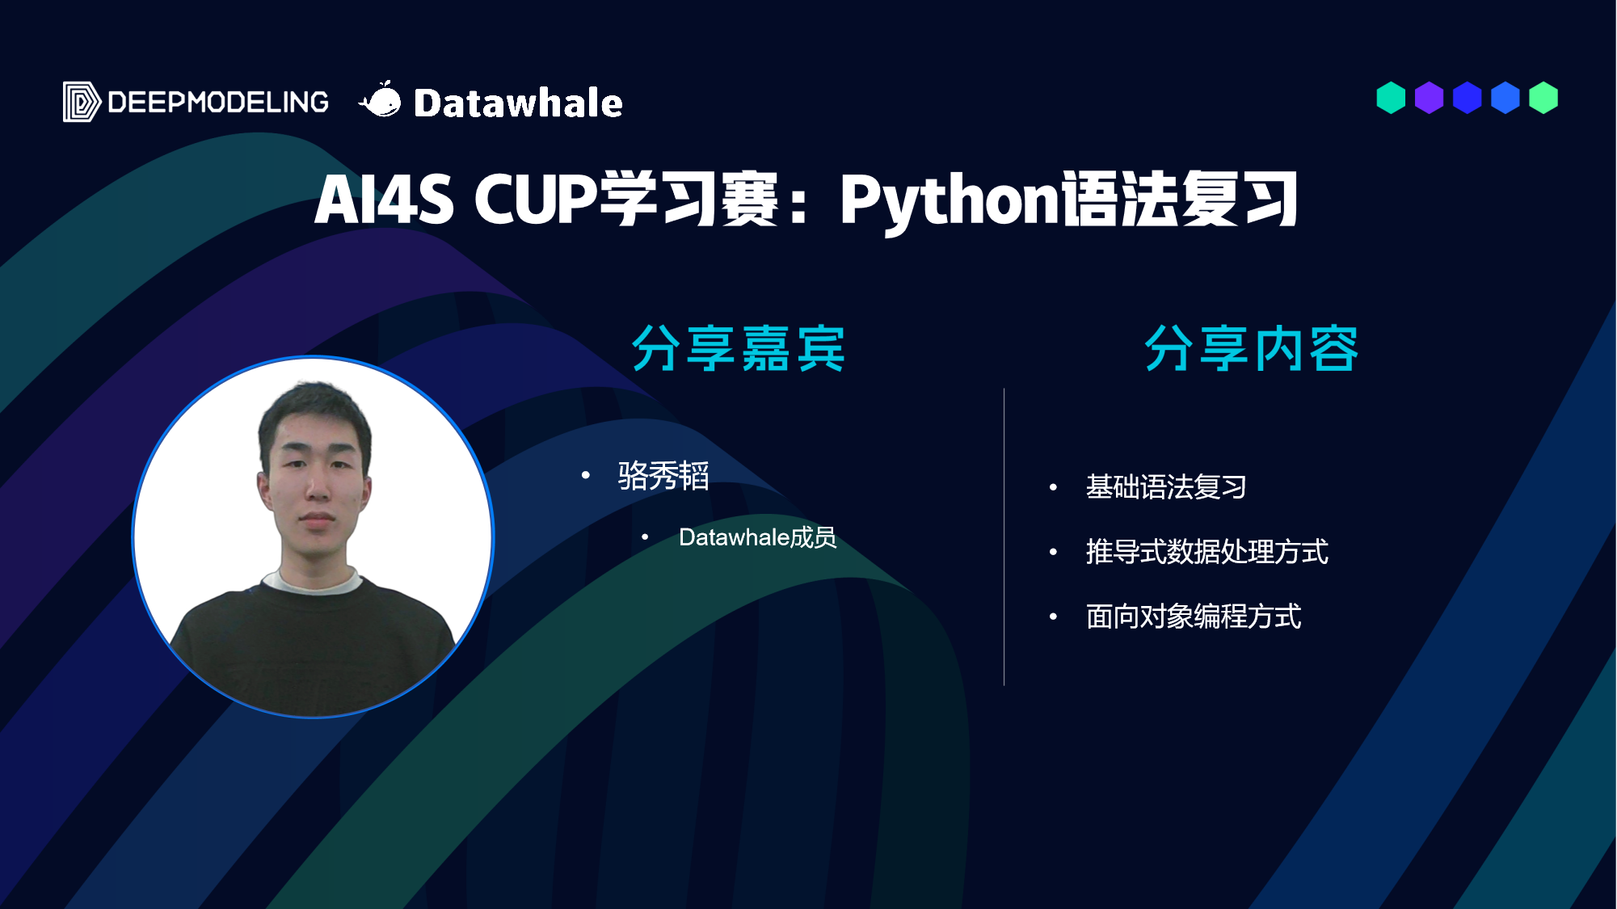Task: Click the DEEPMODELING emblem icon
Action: click(x=82, y=102)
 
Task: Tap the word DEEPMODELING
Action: click(x=218, y=103)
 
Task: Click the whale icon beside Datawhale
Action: click(x=380, y=100)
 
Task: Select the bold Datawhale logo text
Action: click(x=518, y=103)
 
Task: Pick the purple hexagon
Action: click(x=1429, y=98)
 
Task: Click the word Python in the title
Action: click(x=949, y=200)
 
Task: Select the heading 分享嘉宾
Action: click(x=738, y=349)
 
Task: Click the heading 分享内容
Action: click(x=1251, y=349)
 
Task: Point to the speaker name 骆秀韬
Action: click(x=663, y=475)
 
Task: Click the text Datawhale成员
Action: click(x=757, y=537)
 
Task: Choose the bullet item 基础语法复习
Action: click(x=1166, y=487)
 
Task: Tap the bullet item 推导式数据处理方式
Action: click(x=1207, y=552)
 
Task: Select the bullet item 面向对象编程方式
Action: click(x=1194, y=617)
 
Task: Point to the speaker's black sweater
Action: click(x=314, y=646)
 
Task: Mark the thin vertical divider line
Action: click(x=1004, y=537)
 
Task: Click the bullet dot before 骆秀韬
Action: click(x=586, y=475)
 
